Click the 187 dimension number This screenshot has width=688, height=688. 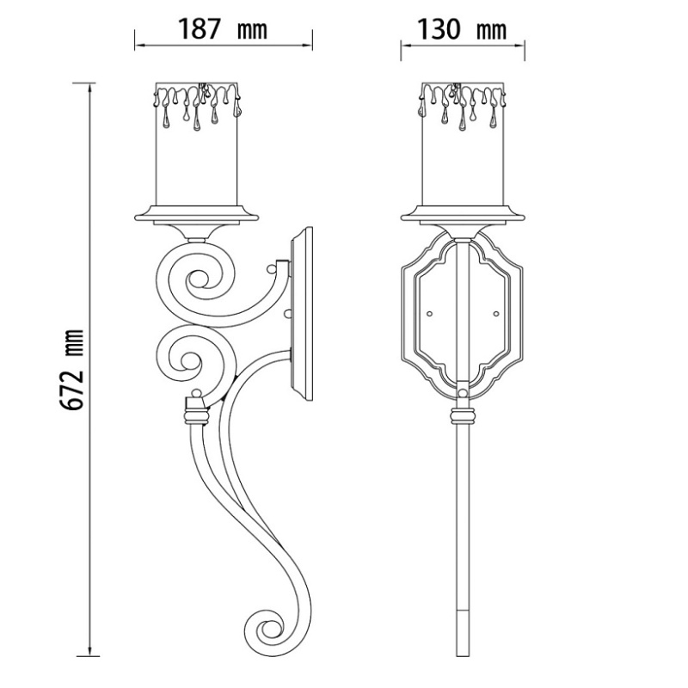(x=199, y=29)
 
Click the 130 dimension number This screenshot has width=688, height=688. (x=439, y=29)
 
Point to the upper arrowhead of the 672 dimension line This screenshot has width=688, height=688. (x=90, y=88)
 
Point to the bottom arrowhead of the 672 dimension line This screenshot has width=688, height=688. (x=90, y=652)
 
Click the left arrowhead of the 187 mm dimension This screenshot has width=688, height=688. (x=140, y=45)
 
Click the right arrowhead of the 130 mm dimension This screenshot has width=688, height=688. (x=519, y=45)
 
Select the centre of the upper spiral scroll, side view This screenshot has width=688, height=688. (x=195, y=279)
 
